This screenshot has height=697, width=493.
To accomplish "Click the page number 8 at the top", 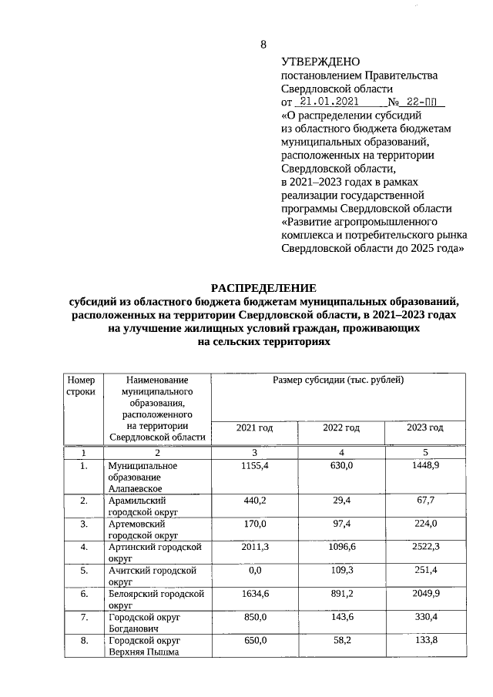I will coord(263,43).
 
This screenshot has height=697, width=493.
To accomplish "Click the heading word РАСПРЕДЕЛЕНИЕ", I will coord(263,288).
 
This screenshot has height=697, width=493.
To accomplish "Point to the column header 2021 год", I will coord(254,427).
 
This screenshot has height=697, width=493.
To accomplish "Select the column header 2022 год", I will coord(341,427).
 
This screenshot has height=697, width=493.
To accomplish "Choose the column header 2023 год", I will coord(424,427).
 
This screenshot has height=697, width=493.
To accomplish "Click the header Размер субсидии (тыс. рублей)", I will coord(338,380).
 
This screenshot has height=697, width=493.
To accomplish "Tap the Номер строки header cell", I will coord(81,386).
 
